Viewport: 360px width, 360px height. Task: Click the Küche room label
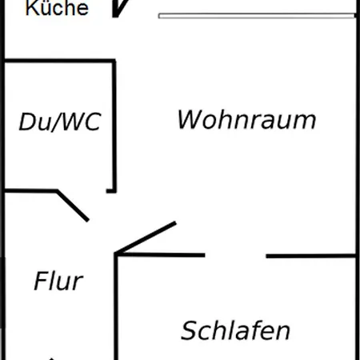pyautogui.click(x=57, y=7)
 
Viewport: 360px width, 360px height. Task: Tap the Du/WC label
pyautogui.click(x=60, y=122)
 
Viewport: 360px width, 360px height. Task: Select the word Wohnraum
pyautogui.click(x=246, y=119)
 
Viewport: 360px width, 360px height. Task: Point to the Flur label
pyautogui.click(x=58, y=280)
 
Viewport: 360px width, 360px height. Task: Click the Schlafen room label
pyautogui.click(x=235, y=330)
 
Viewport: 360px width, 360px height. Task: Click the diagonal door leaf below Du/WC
pyautogui.click(x=73, y=206)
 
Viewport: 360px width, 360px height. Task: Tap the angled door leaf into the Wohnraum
pyautogui.click(x=146, y=237)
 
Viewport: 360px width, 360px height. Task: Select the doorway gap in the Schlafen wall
pyautogui.click(x=235, y=256)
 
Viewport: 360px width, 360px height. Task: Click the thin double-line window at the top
pyautogui.click(x=257, y=16)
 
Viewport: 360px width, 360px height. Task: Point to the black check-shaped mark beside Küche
pyautogui.click(x=119, y=9)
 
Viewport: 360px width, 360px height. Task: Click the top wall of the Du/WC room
pyautogui.click(x=60, y=61)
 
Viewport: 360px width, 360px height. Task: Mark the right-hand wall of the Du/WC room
pyautogui.click(x=114, y=126)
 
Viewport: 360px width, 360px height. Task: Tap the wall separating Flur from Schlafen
pyautogui.click(x=116, y=306)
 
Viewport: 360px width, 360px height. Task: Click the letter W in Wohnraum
pyautogui.click(x=190, y=119)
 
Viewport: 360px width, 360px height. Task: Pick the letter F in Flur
pyautogui.click(x=41, y=280)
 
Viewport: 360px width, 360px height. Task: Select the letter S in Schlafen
pyautogui.click(x=190, y=330)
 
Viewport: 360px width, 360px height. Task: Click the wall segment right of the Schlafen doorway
pyautogui.click(x=311, y=256)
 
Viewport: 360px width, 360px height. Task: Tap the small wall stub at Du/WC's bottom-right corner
pyautogui.click(x=111, y=190)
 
